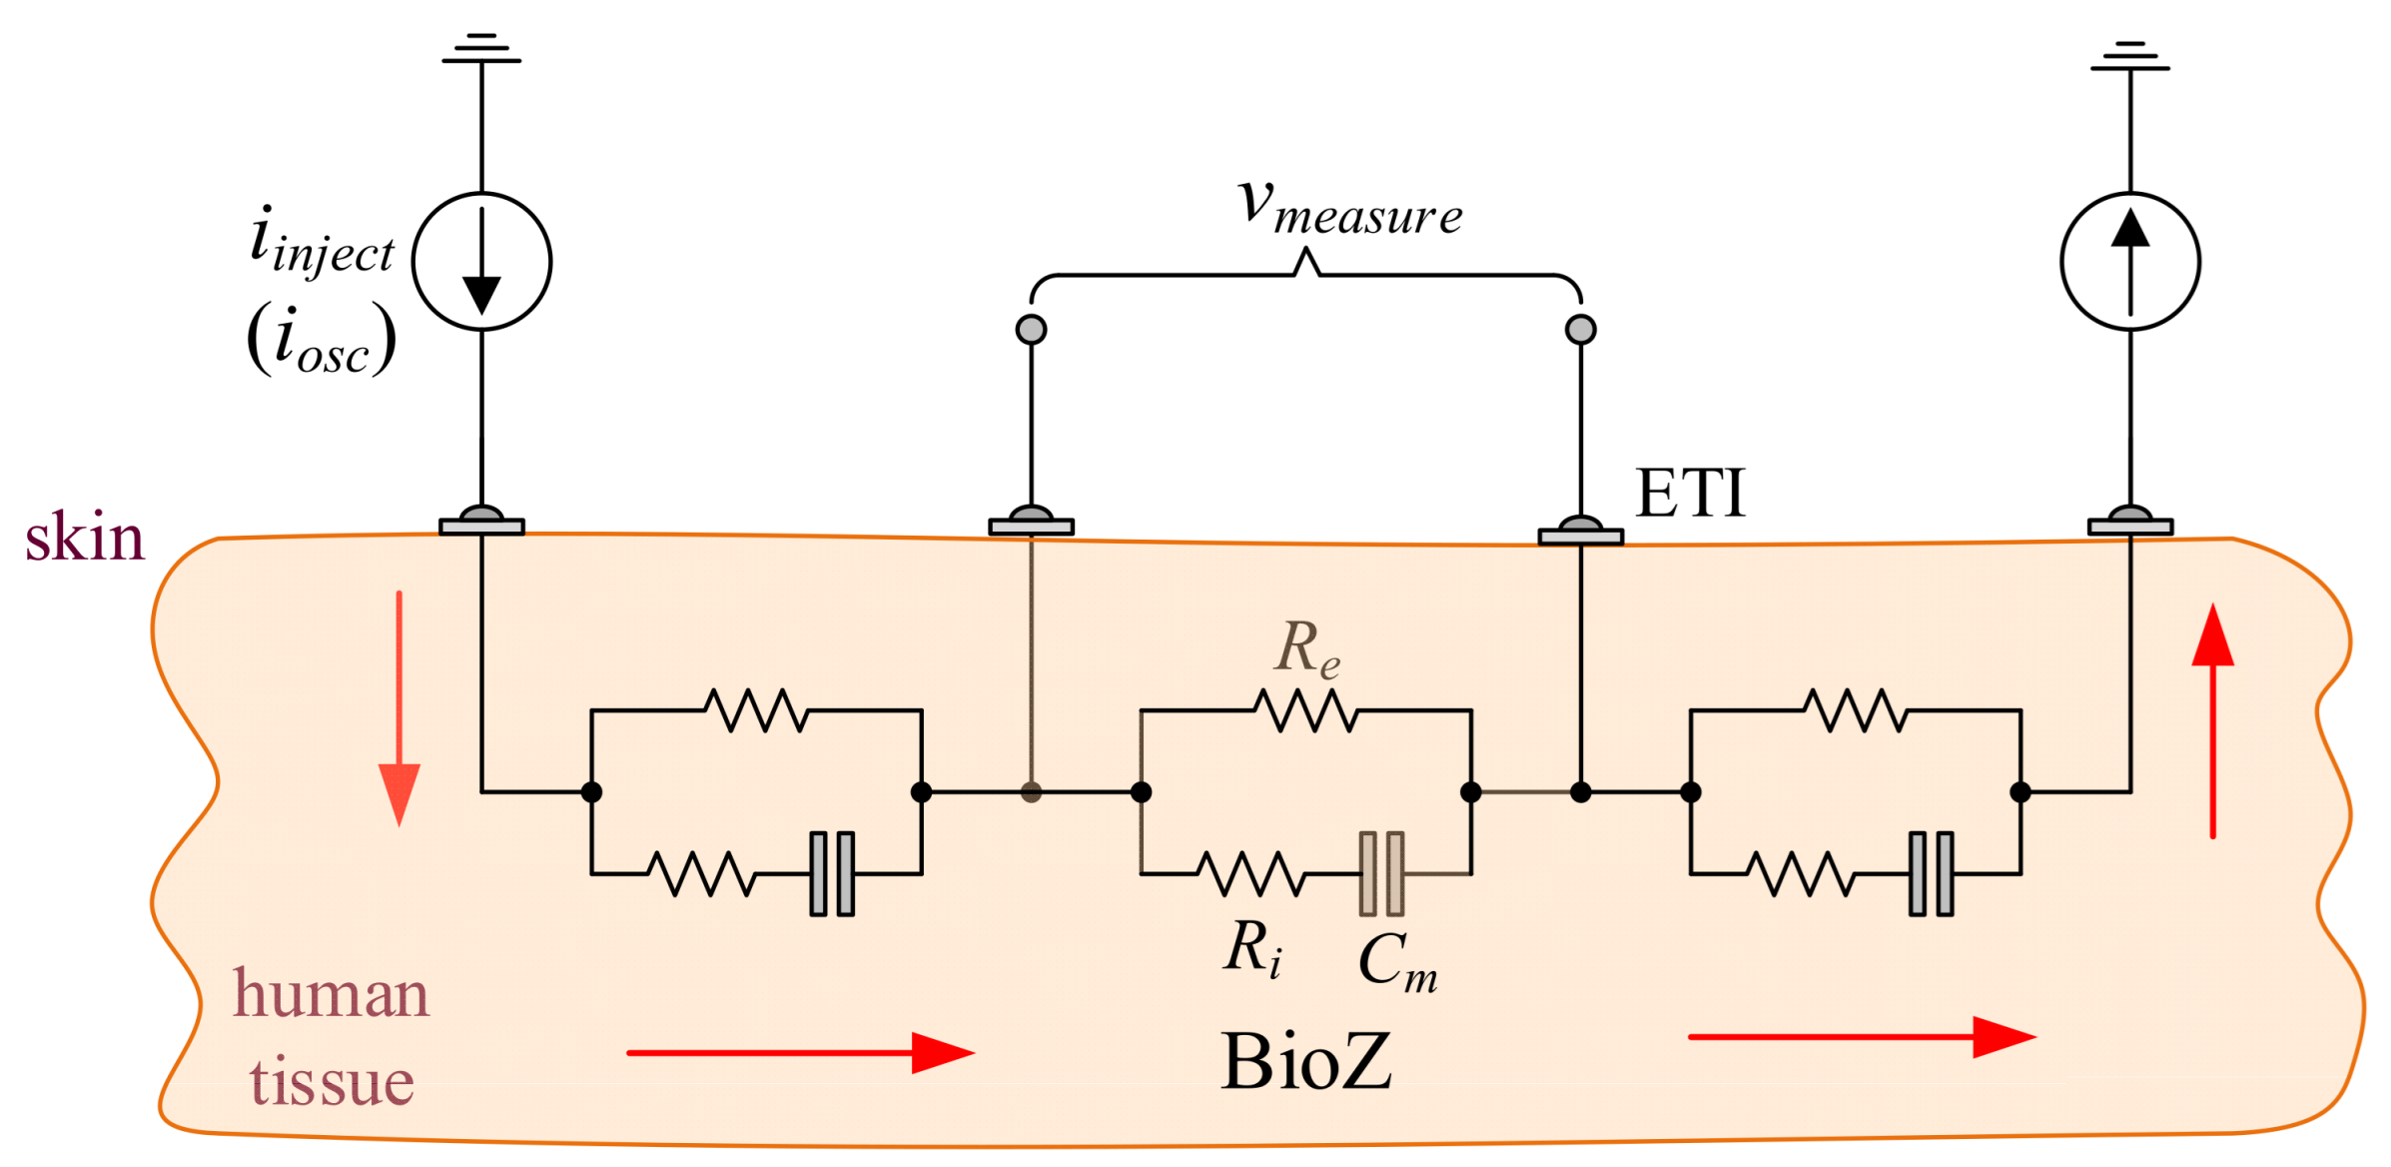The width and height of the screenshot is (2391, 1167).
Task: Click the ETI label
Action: pyautogui.click(x=1690, y=493)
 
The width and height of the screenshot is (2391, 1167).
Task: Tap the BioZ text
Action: pyautogui.click(x=1305, y=1060)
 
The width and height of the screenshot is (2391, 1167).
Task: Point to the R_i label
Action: pyautogui.click(x=1252, y=949)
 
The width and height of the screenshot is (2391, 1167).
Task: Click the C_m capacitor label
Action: pyautogui.click(x=1398, y=961)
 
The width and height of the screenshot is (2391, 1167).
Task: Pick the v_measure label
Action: pyautogui.click(x=1350, y=207)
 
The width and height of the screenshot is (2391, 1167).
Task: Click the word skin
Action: pyautogui.click(x=85, y=538)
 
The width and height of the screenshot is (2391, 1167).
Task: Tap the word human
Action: pyautogui.click(x=331, y=995)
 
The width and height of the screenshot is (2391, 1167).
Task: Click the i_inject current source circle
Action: pyautogui.click(x=482, y=262)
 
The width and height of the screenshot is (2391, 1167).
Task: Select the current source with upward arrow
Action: pyautogui.click(x=2130, y=262)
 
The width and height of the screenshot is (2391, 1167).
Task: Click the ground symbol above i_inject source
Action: pyautogui.click(x=481, y=48)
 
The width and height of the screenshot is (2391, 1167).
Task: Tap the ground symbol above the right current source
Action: pyautogui.click(x=2130, y=56)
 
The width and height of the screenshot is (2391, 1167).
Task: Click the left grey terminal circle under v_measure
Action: pyautogui.click(x=1031, y=329)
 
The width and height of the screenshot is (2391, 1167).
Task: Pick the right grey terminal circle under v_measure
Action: pyautogui.click(x=1581, y=329)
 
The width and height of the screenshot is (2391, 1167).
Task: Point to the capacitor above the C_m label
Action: pyautogui.click(x=1381, y=874)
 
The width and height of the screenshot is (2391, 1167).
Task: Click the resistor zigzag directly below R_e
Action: pyautogui.click(x=1305, y=710)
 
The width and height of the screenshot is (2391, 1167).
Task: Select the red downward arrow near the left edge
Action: pyautogui.click(x=399, y=708)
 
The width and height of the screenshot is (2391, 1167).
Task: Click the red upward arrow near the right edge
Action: pyautogui.click(x=2213, y=720)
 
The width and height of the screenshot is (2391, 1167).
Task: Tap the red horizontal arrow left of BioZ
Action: pyautogui.click(x=801, y=1053)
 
